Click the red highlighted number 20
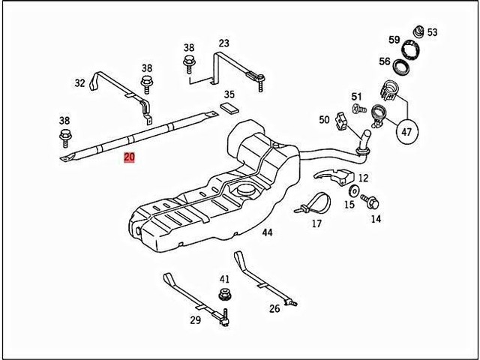129,157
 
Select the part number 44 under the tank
267,232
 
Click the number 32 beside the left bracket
80,85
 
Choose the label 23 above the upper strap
224,43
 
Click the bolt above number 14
370,200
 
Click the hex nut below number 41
223,294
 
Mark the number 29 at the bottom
196,320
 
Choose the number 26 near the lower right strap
274,308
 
